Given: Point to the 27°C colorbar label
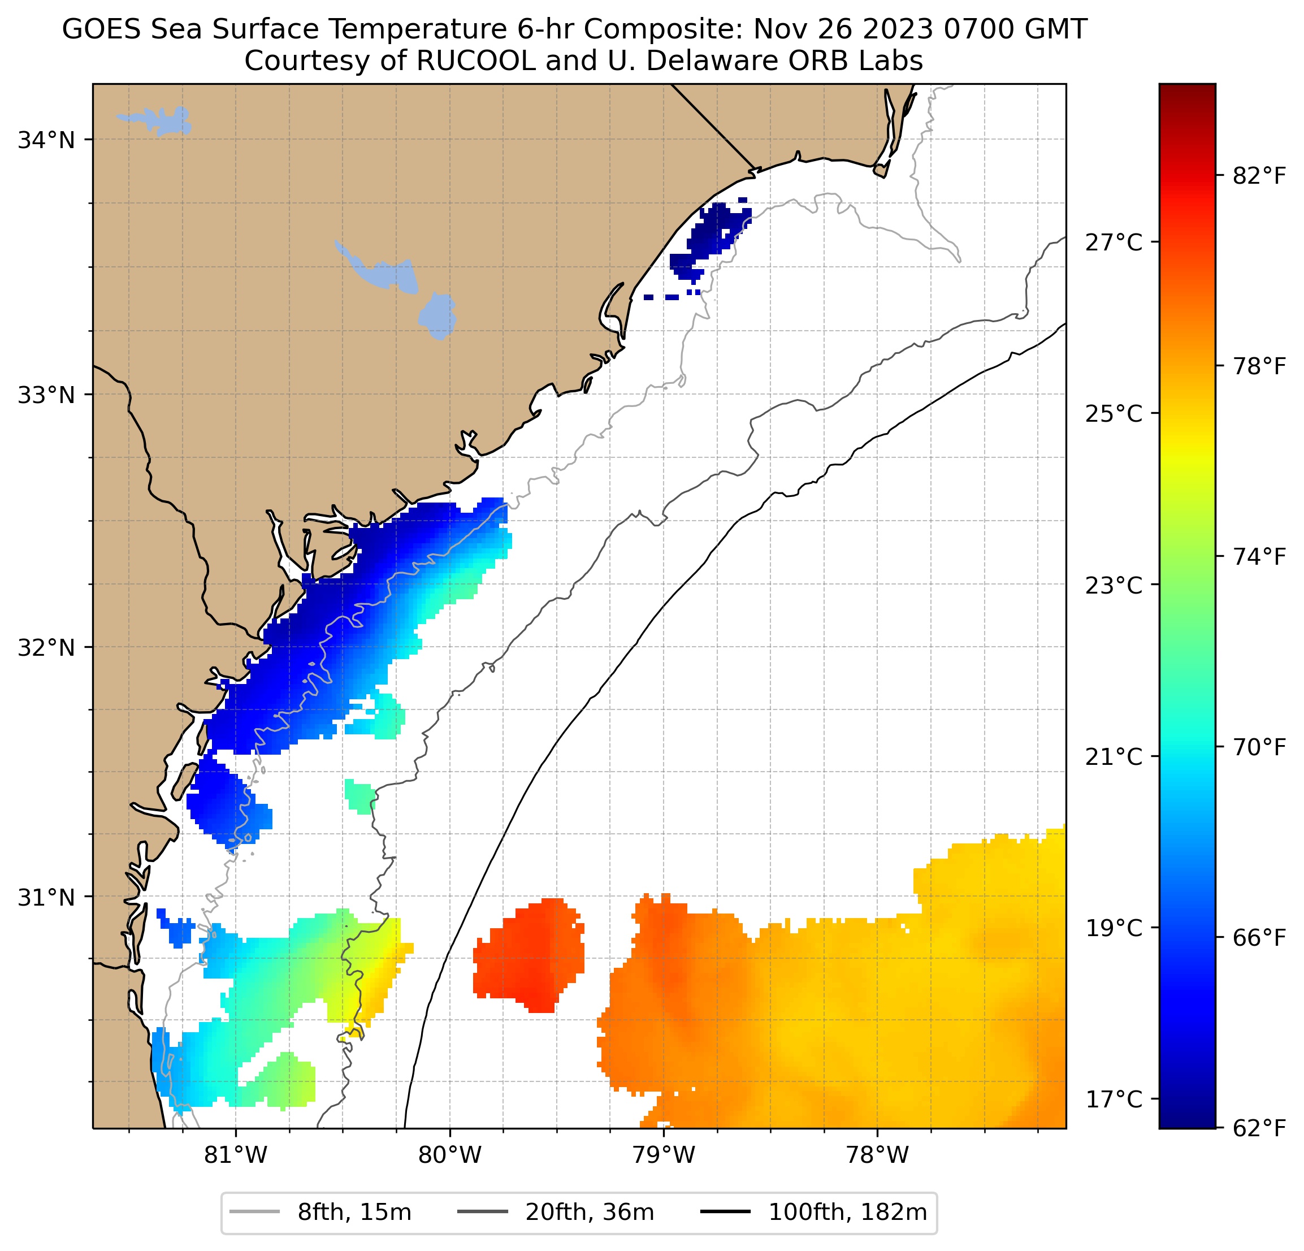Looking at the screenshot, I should (x=1114, y=243).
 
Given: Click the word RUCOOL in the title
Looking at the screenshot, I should (x=476, y=61).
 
